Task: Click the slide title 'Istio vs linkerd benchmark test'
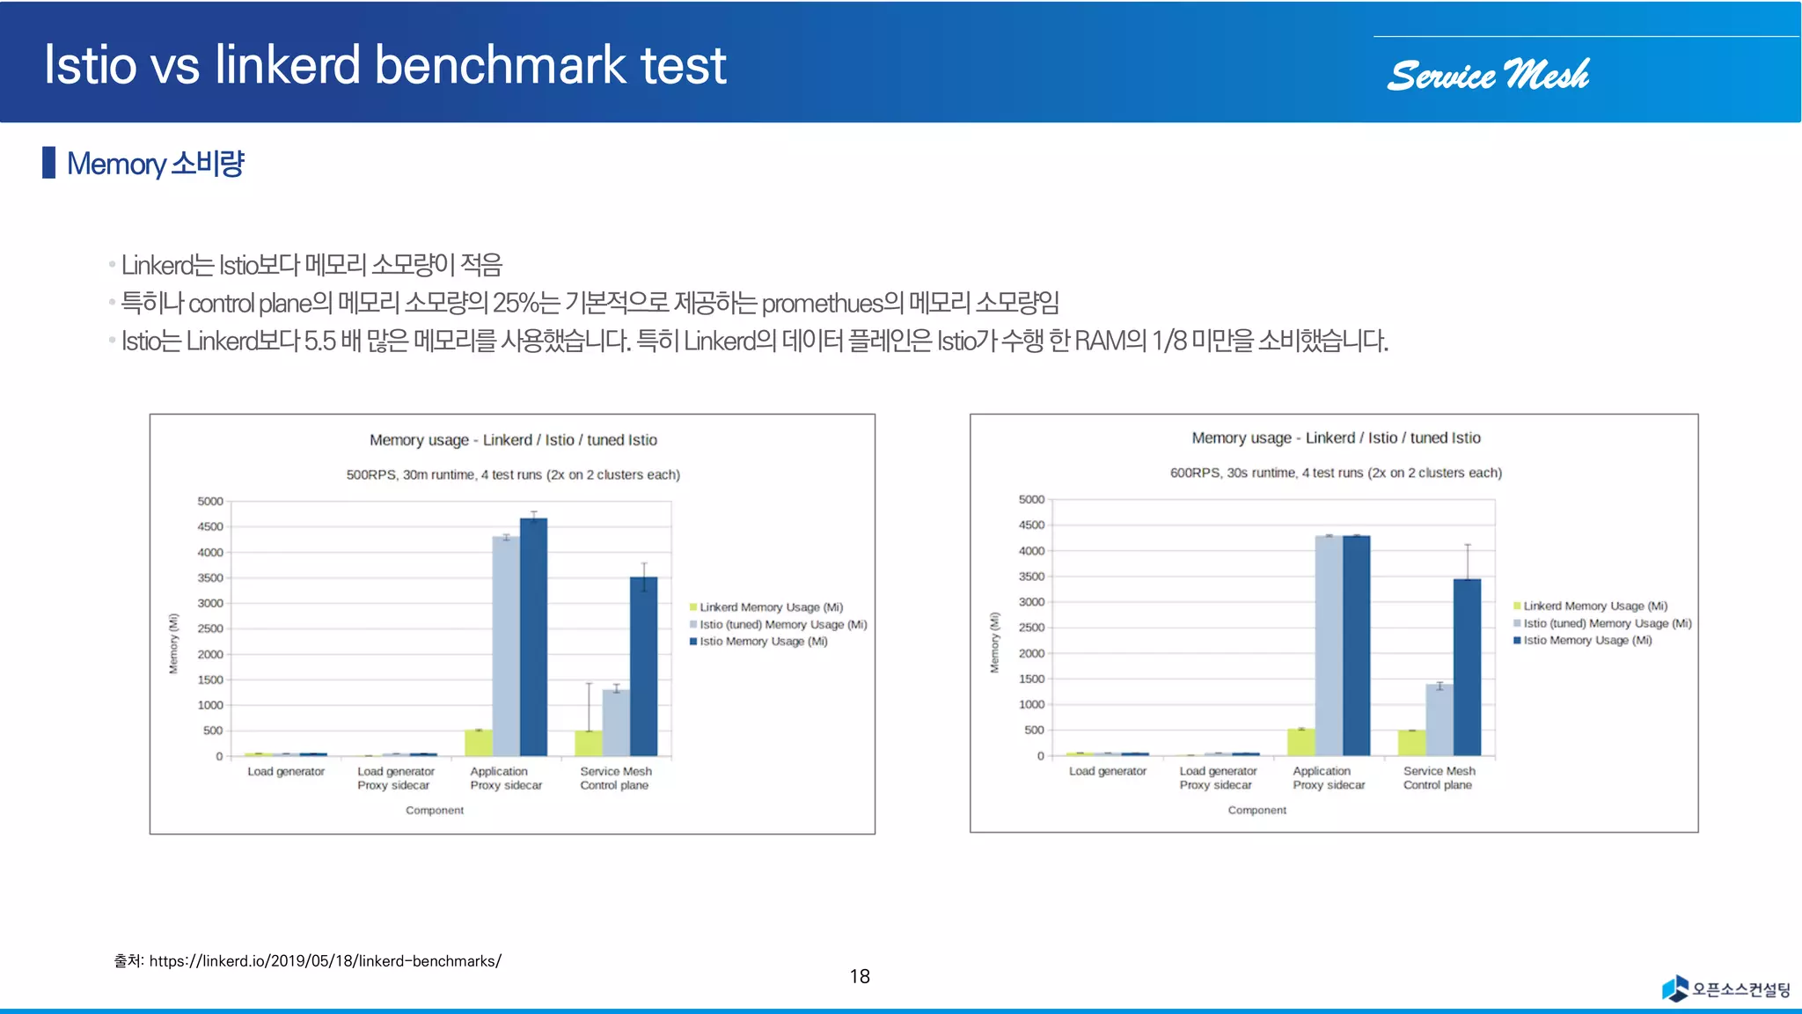385,65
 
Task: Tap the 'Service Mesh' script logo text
1488,76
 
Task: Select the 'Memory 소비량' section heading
155,164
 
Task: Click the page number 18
860,976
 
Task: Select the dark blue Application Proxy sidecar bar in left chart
533,637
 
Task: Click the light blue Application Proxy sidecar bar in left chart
506,646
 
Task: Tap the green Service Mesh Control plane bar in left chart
589,743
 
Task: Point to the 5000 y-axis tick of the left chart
210,502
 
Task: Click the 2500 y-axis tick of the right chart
1031,628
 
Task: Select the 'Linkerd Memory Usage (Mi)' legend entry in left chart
771,607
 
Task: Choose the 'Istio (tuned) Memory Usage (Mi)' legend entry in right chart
1607,623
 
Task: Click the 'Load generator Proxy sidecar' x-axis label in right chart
1218,778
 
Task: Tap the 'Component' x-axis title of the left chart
435,811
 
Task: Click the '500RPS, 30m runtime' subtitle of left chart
513,474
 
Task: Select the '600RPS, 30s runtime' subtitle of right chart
1336,473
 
